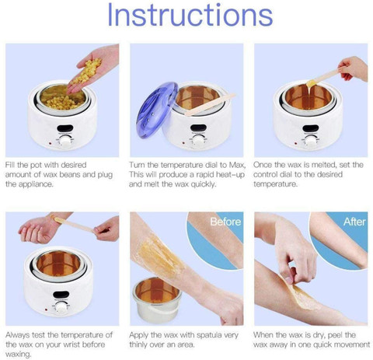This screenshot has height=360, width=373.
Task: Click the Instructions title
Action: point(190,15)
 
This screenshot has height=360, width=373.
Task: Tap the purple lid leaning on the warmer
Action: point(156,110)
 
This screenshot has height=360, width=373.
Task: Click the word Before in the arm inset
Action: point(225,222)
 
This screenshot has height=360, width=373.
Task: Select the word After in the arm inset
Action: point(354,222)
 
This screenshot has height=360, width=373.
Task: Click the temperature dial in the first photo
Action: point(66,142)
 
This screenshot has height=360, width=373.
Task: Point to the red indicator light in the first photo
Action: point(50,143)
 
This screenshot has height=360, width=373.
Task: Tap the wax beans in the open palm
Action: point(87,70)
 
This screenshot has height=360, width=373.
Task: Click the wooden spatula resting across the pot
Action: point(211,104)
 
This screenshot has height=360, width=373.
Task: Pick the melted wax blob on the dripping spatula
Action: point(311,83)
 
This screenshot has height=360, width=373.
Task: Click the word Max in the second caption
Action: point(237,165)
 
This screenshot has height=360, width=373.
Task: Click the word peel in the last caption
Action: point(336,335)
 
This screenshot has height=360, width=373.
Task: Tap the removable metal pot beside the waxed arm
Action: point(156,301)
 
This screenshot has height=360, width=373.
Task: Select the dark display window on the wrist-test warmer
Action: point(61,295)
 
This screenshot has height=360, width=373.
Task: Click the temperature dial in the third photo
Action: point(311,142)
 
